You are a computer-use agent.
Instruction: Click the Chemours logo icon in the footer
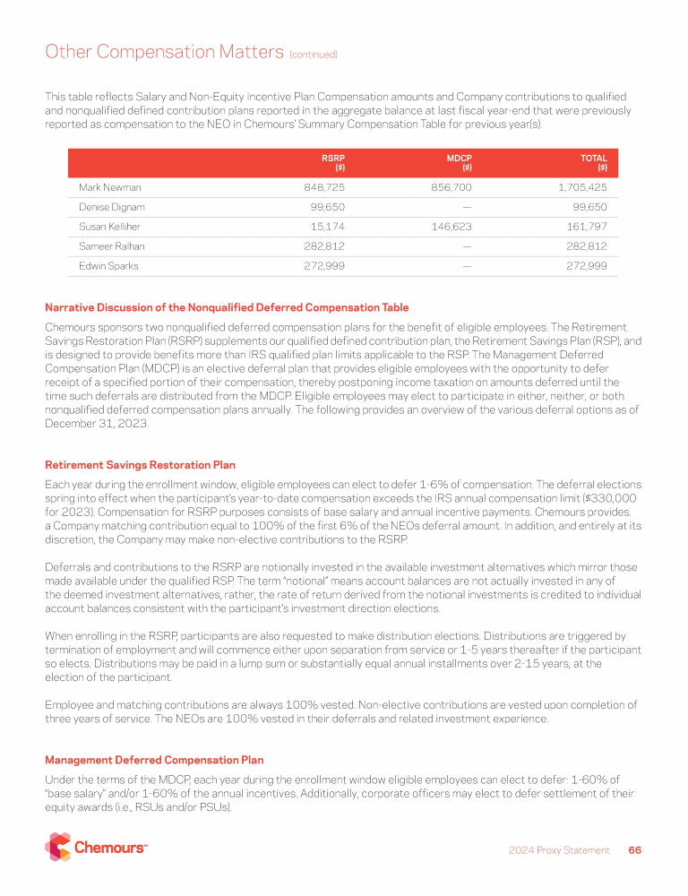(58, 847)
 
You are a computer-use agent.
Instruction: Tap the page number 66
(634, 850)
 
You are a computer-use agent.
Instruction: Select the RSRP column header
(333, 162)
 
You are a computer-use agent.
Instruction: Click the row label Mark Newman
(110, 187)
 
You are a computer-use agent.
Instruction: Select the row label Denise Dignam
(112, 207)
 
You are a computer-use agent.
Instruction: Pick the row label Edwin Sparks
(108, 266)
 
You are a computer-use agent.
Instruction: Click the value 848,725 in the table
(325, 187)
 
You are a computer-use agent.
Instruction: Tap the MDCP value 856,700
(451, 187)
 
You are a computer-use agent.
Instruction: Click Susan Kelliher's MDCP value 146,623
(451, 227)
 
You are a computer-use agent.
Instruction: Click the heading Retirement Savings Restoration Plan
(141, 465)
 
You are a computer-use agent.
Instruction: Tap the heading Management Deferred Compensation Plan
(154, 760)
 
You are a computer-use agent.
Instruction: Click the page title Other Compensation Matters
(164, 52)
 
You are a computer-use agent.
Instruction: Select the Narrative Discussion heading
(227, 308)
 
